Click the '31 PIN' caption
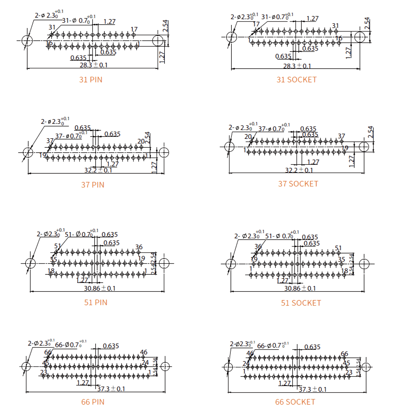pyautogui.click(x=91, y=79)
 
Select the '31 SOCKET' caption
pyautogui.click(x=296, y=79)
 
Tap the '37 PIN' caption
pyautogui.click(x=93, y=184)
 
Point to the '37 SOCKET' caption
pyautogui.click(x=298, y=184)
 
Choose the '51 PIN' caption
pyautogui.click(x=96, y=302)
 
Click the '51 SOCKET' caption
pyautogui.click(x=301, y=303)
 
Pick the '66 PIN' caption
pyautogui.click(x=93, y=402)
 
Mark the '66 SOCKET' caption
pyautogui.click(x=295, y=402)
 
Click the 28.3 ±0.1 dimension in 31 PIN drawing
pyautogui.click(x=93, y=65)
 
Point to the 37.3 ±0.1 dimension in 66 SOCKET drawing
pyautogui.click(x=313, y=389)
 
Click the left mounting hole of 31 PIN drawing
pyautogui.click(x=27, y=41)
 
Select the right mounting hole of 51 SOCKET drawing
pyautogui.click(x=364, y=264)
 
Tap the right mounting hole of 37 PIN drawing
pyautogui.click(x=164, y=153)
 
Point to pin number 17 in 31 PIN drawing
pyautogui.click(x=134, y=30)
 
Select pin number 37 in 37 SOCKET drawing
pyautogui.click(x=341, y=136)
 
